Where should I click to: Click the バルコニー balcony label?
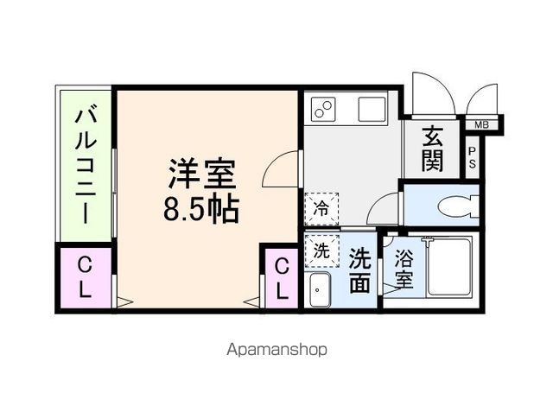click(86, 165)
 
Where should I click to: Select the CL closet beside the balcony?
click(85, 276)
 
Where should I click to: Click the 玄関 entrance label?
click(434, 148)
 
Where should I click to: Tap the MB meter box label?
click(480, 125)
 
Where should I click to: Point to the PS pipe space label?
click(473, 157)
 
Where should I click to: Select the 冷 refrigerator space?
click(321, 207)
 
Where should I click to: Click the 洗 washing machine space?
click(321, 251)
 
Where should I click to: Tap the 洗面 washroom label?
click(360, 269)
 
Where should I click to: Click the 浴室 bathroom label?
click(404, 269)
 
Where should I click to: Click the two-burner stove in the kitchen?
click(323, 111)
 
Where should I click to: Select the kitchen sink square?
click(372, 110)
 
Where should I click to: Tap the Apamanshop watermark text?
click(276, 350)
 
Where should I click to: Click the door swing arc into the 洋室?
click(281, 167)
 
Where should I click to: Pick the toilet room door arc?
click(385, 210)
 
